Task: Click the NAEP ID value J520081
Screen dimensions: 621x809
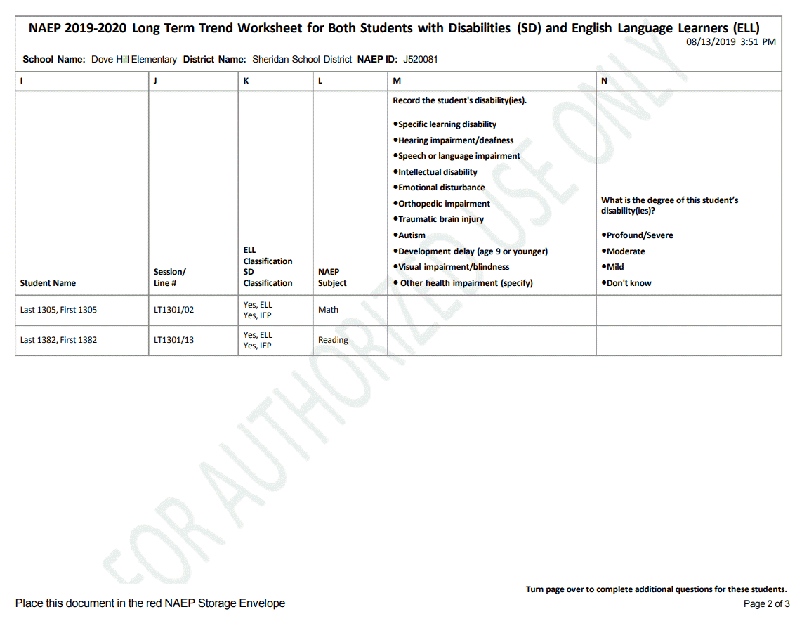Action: (420, 60)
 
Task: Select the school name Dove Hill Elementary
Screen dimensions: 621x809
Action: (134, 60)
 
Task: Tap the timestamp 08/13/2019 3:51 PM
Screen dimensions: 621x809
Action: (730, 42)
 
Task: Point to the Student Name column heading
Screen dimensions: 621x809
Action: (48, 283)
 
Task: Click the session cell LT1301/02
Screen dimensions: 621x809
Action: (173, 310)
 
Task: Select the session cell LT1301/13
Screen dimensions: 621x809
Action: (173, 340)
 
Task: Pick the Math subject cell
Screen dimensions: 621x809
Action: (328, 310)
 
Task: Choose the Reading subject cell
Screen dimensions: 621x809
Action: (333, 340)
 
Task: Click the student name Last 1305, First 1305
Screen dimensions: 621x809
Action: (58, 310)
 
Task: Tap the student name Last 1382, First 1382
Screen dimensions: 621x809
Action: (58, 340)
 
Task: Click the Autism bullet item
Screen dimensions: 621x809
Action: (412, 235)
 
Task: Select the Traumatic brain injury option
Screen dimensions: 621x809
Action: (440, 219)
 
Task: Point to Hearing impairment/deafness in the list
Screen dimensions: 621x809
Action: (455, 140)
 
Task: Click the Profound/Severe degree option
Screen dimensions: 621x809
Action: (639, 235)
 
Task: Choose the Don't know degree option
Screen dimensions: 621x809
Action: (629, 283)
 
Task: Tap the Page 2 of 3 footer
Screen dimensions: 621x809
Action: (766, 604)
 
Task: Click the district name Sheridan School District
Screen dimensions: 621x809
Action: (302, 60)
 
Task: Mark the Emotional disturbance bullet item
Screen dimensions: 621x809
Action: (441, 188)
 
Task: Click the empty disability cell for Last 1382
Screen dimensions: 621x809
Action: (492, 340)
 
